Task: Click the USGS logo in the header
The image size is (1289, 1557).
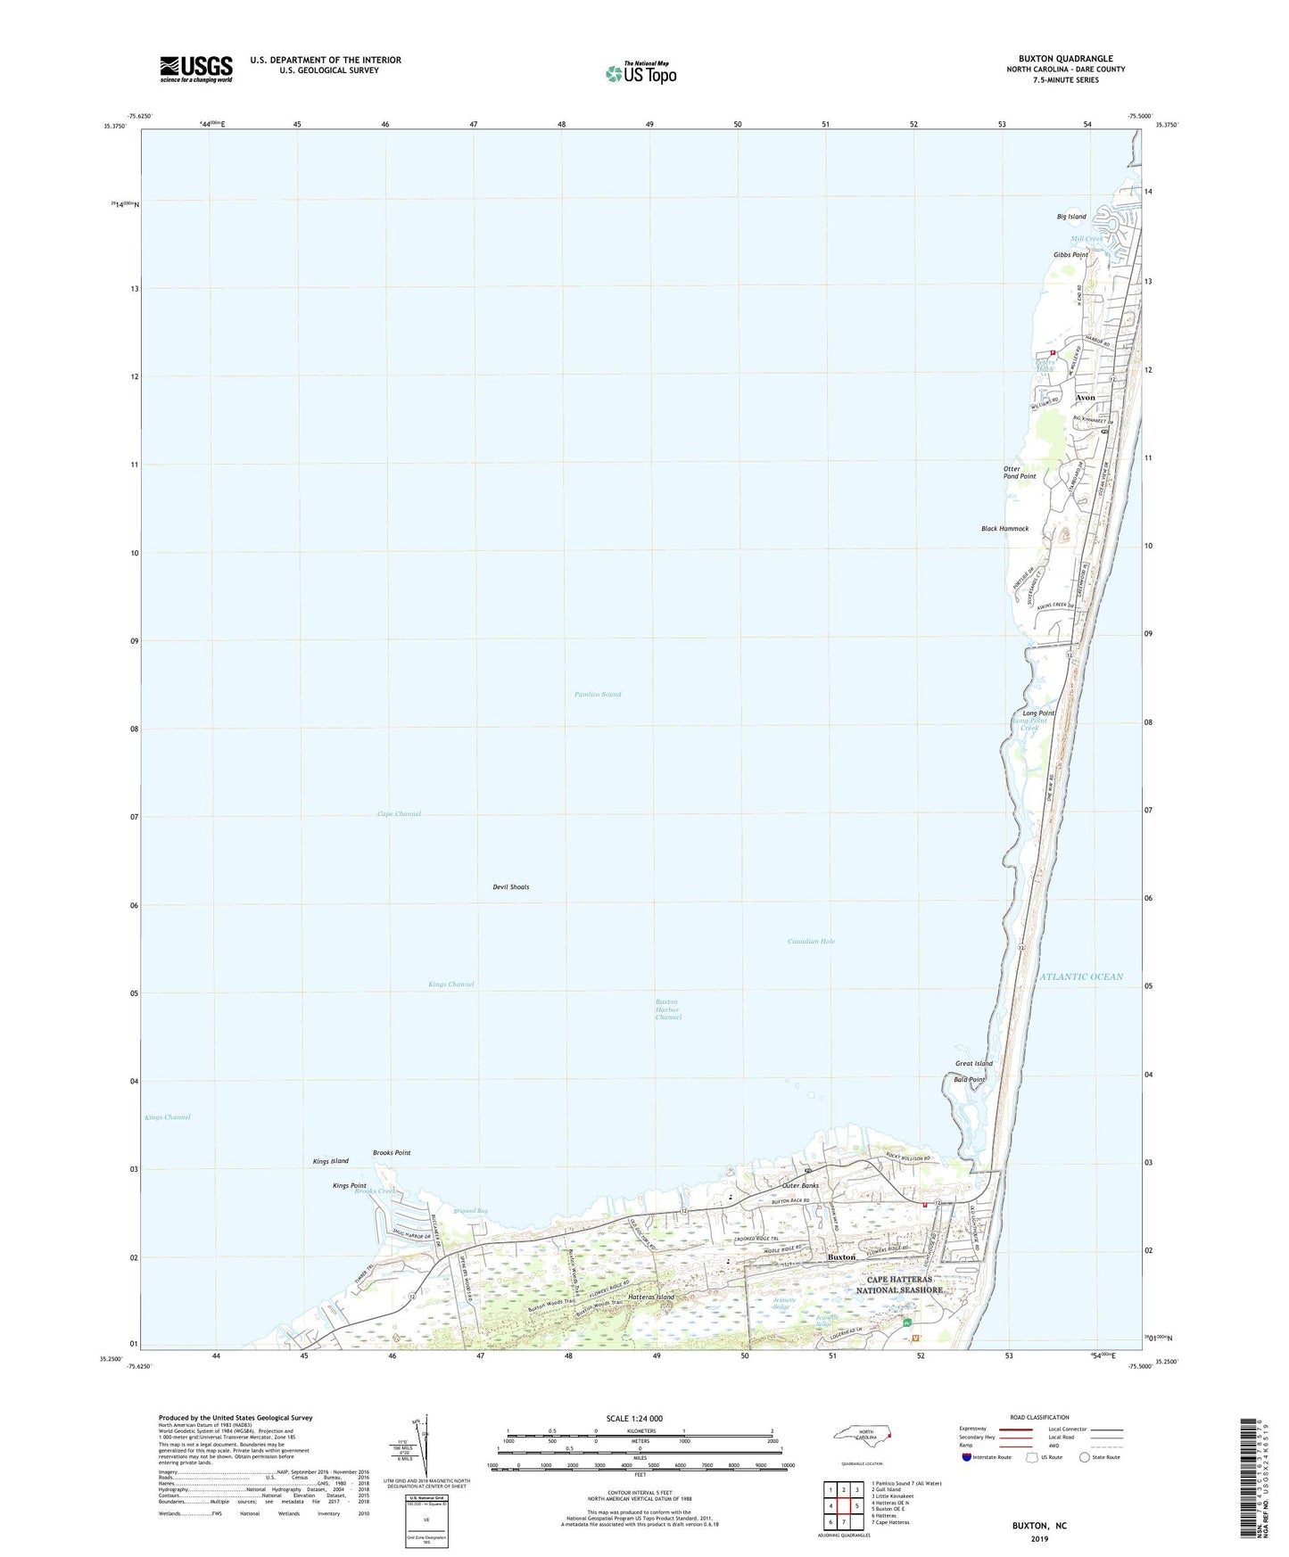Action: (196, 69)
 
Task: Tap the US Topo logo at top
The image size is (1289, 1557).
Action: (640, 73)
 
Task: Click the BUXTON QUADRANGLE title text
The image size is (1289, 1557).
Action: (1065, 59)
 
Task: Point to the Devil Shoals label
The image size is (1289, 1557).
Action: (511, 887)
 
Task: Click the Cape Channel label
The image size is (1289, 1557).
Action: (399, 814)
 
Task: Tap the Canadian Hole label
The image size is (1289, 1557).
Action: (811, 941)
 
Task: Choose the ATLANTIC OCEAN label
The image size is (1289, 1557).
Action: (1081, 976)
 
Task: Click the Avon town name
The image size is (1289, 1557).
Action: (1085, 398)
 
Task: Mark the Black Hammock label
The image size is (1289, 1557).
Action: (1004, 529)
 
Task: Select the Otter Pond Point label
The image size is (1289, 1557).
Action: (1020, 473)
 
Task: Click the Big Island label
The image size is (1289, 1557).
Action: (1071, 217)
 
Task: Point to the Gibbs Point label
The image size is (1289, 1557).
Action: (1070, 255)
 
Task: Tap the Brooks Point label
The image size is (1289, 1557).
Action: (392, 1153)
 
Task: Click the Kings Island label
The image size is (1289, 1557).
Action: (331, 1161)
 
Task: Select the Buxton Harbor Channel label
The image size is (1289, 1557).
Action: (668, 1009)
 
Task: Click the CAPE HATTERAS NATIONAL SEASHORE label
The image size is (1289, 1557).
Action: (899, 1284)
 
